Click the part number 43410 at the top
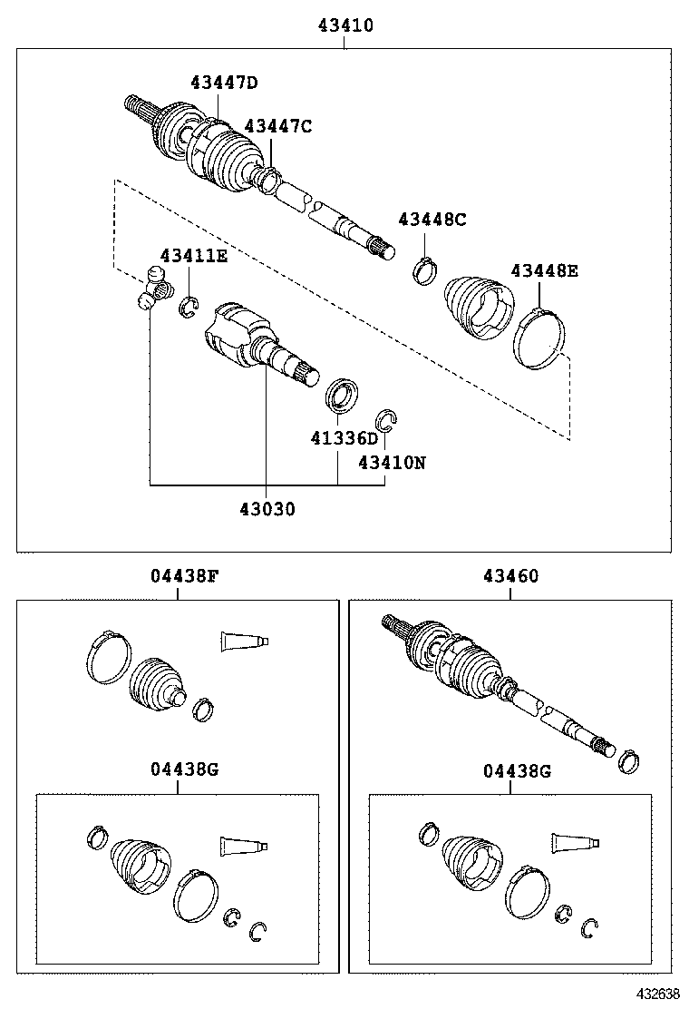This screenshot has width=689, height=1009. click(x=344, y=27)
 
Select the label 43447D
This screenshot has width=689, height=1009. click(x=223, y=83)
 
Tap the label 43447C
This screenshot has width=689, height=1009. click(x=277, y=126)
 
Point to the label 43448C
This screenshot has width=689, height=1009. click(x=432, y=219)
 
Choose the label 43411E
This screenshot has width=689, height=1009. click(x=194, y=256)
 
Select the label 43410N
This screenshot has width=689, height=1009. click(x=391, y=462)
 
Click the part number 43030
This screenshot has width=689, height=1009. click(x=267, y=509)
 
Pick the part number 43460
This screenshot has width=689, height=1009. click(x=510, y=575)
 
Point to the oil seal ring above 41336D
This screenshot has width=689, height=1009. click(x=341, y=396)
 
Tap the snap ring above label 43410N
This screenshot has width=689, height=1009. click(x=387, y=419)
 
